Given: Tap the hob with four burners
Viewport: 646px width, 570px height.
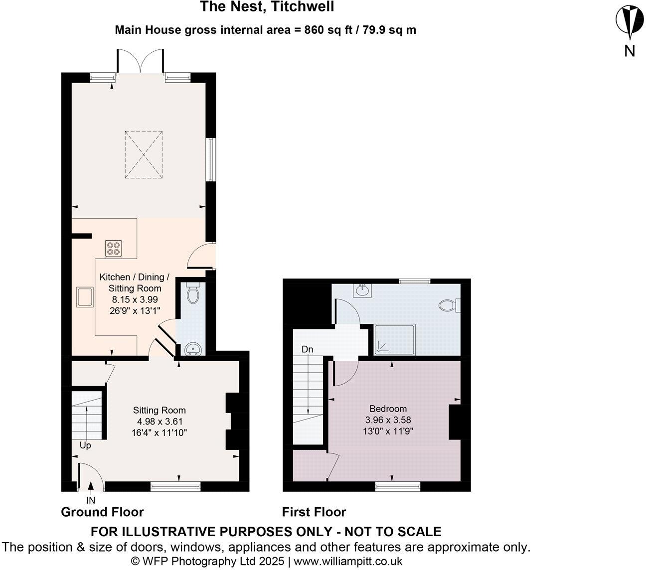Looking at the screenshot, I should click(x=113, y=248).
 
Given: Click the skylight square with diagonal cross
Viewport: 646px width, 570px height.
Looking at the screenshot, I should click(x=144, y=154).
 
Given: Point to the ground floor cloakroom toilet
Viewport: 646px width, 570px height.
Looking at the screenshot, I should click(x=192, y=294).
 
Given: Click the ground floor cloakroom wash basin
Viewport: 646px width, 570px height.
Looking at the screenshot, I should click(x=192, y=349).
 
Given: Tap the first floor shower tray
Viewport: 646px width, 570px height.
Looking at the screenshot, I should click(x=395, y=339).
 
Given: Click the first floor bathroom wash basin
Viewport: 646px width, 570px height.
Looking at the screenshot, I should click(x=362, y=290).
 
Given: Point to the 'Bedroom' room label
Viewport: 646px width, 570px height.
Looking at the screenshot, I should click(x=388, y=409).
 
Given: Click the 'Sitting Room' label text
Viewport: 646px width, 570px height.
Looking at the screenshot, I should click(x=159, y=411).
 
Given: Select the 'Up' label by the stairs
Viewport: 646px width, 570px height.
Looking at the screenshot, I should click(x=85, y=445).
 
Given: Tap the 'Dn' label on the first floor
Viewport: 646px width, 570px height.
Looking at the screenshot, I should click(x=307, y=350).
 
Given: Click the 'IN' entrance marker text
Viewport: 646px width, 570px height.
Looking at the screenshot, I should click(x=91, y=500).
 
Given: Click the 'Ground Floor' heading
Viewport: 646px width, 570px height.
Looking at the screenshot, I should click(x=102, y=512).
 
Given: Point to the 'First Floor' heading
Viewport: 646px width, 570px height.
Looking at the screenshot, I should click(x=314, y=512).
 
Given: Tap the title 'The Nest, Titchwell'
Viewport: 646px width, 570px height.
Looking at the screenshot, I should click(x=267, y=7).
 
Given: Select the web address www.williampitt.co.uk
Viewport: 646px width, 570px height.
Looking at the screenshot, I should click(x=348, y=561).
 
